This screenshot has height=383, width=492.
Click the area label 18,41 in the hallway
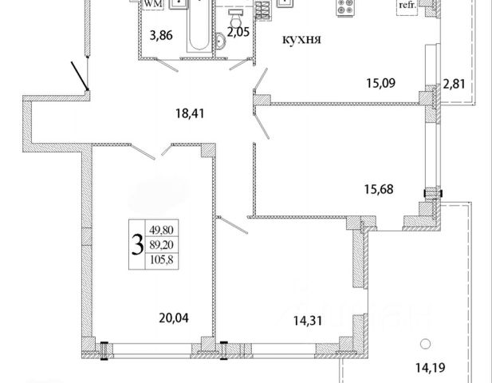pos(190,113)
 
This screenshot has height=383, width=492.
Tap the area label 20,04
pos(174,318)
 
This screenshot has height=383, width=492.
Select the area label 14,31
pos(308,321)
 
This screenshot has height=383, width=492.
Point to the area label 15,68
pos(379,189)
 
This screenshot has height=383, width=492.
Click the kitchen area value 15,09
pos(381,83)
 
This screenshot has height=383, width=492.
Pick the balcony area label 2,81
pos(454,84)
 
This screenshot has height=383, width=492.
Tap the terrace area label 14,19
pos(431,367)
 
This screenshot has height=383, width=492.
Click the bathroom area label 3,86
pos(161,35)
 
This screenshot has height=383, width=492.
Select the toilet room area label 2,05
pos(238,32)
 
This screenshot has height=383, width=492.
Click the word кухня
pos(302,40)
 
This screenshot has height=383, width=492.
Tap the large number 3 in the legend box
pos(137,245)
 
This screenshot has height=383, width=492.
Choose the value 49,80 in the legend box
pos(162,230)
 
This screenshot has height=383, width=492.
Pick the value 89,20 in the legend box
pos(162,244)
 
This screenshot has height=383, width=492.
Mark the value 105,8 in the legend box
pos(162,259)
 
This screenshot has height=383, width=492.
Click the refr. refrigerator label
pos(407,5)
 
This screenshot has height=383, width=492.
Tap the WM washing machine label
pos(153,4)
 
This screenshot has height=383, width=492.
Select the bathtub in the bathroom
pos(199,26)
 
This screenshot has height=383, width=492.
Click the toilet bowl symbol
pos(236,19)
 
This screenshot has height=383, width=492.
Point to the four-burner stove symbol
pos(345,6)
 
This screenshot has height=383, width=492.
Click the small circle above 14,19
pos(425,345)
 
